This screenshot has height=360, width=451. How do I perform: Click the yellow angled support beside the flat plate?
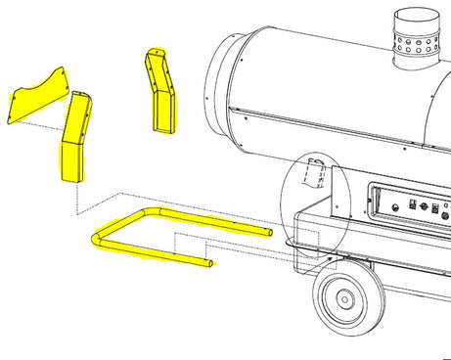[75, 137]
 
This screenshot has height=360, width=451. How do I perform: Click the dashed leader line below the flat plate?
[39, 127]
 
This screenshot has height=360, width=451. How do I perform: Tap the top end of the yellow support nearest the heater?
[155, 55]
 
